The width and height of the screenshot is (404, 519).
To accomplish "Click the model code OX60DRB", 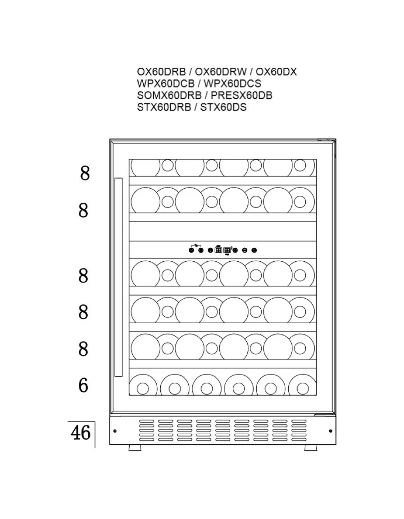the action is click(159, 72).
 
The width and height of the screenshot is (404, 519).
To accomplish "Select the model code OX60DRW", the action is click(221, 72).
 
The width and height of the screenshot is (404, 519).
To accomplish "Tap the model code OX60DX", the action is click(276, 72).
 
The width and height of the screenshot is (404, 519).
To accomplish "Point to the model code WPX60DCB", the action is click(165, 83).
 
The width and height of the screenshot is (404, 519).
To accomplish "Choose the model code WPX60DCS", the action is click(232, 83).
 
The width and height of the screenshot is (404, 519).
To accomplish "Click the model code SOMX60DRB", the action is click(169, 95).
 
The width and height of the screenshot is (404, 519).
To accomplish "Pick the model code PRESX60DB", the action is click(241, 95).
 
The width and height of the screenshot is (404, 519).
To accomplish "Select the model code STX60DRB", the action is click(164, 107).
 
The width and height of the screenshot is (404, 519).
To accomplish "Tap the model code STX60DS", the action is click(223, 107).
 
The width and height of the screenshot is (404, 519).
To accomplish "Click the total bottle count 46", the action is click(80, 433).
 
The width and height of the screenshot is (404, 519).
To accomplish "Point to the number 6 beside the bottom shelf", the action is click(83, 385).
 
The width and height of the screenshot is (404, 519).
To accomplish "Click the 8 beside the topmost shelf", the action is click(85, 173).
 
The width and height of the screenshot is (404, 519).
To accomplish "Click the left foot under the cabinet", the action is click(135, 448).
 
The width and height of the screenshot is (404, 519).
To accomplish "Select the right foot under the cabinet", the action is click(310, 448).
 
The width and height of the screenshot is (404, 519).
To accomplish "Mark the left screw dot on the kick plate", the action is click(115, 431).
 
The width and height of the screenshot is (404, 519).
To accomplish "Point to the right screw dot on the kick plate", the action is click(331, 431).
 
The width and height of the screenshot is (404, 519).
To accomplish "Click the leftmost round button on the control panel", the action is click(191, 250).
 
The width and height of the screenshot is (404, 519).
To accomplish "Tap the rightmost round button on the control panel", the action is click(254, 250).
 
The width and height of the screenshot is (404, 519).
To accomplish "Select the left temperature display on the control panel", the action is click(218, 250).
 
